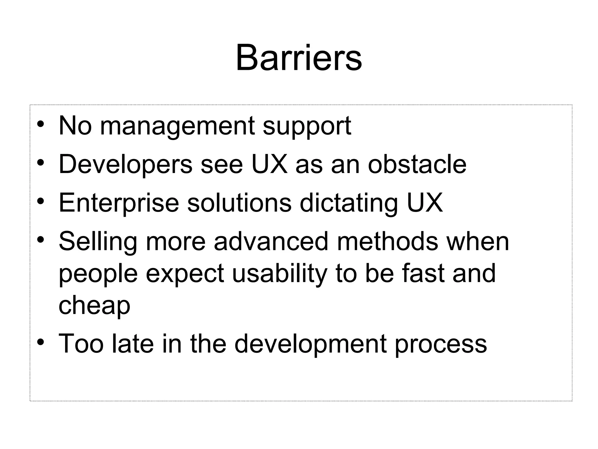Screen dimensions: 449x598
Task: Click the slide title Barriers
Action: [x=299, y=58]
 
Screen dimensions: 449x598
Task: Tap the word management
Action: [x=177, y=126]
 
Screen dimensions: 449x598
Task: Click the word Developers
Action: [x=126, y=165]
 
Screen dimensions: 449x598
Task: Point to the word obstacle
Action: [x=417, y=165]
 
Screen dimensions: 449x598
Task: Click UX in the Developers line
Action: [x=270, y=165]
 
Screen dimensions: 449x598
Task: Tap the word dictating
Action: [x=349, y=203]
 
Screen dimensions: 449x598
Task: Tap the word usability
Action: [x=279, y=274]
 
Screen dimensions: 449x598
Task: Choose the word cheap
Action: [x=94, y=306]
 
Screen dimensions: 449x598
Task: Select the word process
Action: [x=441, y=345]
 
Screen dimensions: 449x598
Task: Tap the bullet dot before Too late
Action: [x=41, y=342]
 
